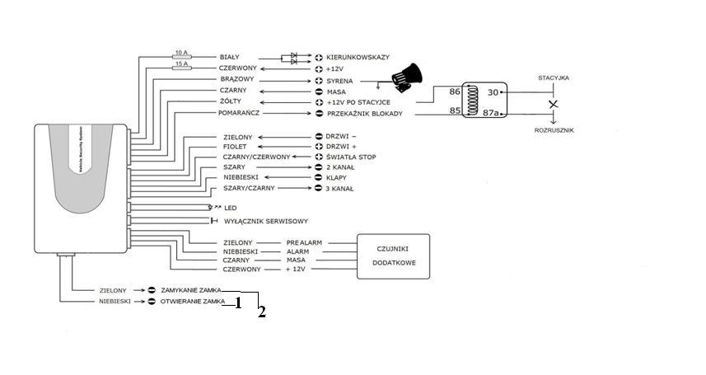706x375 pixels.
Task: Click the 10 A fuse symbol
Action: coord(182,56)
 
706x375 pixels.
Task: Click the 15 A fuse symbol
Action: coord(182,67)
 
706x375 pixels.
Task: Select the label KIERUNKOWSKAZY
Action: coord(358,58)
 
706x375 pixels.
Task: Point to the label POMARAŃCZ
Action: coord(240,113)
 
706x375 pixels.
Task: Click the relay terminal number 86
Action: coord(454,91)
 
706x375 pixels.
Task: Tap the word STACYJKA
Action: coord(554,78)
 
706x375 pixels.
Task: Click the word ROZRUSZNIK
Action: coord(554,130)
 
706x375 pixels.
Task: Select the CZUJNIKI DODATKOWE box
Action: coord(393,255)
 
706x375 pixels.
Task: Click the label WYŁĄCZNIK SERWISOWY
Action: coord(266,221)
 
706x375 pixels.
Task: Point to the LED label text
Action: coord(231,208)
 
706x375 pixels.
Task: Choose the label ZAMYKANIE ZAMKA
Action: coord(191,290)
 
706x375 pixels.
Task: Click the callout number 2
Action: coord(261,312)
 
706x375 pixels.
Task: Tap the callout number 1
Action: coord(237,302)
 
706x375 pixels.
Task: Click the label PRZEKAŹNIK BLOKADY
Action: coord(365,114)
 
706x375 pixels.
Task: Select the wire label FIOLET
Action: coord(236,146)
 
